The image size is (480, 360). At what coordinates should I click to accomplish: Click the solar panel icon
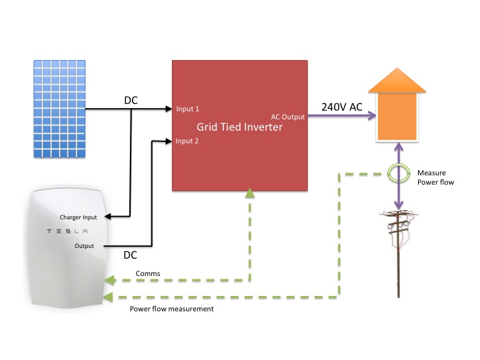point(59,109)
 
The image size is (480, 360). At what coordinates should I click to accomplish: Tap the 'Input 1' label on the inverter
point(187,109)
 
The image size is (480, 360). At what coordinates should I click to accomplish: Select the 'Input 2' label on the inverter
point(187,141)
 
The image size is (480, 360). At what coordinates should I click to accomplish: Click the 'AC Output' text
point(288,117)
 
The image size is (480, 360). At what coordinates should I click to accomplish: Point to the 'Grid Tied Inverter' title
point(239,127)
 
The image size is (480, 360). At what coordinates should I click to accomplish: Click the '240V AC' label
point(341,107)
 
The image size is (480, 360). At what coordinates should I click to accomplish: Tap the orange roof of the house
point(397,80)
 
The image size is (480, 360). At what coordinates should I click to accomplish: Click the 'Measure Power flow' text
point(435,177)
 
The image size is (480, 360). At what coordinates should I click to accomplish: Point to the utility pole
point(398,253)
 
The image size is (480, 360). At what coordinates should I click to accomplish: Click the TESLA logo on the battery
point(67,231)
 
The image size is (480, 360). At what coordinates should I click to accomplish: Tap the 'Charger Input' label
point(78,217)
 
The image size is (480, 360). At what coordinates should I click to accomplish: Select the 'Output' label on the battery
point(84,246)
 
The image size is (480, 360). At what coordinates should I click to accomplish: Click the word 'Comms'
point(148,273)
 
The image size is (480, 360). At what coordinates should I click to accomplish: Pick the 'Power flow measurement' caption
point(171,309)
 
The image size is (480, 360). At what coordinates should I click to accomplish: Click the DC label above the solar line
point(131,100)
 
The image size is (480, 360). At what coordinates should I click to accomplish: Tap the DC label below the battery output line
point(131,255)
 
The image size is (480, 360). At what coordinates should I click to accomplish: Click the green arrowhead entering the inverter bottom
point(250,193)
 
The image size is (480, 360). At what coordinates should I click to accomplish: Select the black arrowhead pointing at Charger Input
point(107,217)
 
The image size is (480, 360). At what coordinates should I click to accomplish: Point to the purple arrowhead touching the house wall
point(373,115)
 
